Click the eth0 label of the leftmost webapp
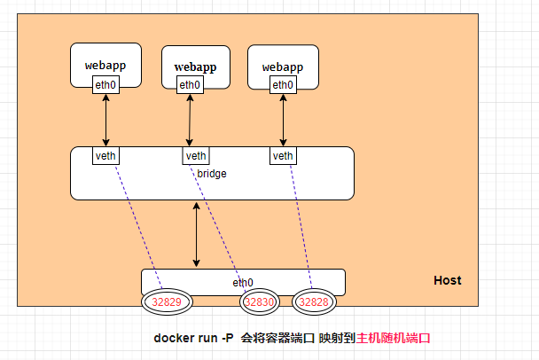(105, 84)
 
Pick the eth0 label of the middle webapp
(189, 85)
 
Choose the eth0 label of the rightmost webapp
(283, 85)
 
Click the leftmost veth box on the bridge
(105, 156)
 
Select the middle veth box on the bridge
(195, 156)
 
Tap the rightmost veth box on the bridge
(283, 156)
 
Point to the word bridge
(212, 174)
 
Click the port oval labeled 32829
(167, 302)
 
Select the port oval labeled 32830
(260, 302)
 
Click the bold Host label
(447, 280)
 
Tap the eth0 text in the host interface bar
(243, 282)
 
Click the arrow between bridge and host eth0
(196, 234)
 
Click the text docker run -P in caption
(193, 338)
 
